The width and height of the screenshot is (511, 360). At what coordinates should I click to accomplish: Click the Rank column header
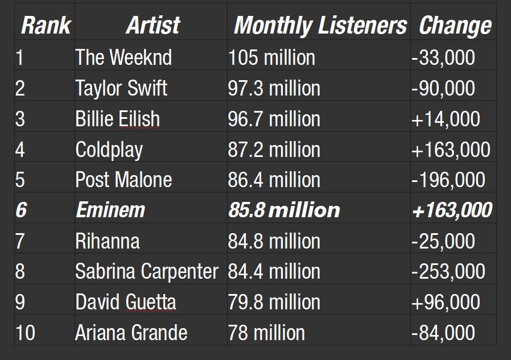(46, 26)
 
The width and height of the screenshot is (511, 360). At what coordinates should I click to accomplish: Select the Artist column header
(153, 26)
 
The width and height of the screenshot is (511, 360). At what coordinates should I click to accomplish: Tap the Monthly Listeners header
(320, 26)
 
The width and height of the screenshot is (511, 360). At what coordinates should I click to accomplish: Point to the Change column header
(455, 26)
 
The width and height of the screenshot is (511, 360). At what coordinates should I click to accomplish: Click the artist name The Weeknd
(123, 57)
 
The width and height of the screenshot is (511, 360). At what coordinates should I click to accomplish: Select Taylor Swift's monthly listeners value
(274, 88)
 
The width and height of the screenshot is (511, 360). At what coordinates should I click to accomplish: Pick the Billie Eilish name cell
(118, 119)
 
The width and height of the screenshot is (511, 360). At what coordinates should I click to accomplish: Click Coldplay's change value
(450, 150)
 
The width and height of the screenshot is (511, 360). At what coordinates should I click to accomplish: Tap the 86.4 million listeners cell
(274, 180)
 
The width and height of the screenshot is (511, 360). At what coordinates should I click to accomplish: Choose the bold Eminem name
(110, 210)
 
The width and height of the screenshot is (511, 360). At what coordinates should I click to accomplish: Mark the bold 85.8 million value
(284, 210)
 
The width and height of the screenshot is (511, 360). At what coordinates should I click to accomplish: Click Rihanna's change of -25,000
(443, 241)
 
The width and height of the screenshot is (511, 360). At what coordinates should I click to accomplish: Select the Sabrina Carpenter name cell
(147, 272)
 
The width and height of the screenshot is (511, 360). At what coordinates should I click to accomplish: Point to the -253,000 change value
(448, 272)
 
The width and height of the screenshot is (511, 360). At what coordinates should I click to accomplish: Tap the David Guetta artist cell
(126, 302)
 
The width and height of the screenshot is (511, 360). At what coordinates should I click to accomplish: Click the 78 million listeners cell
(266, 333)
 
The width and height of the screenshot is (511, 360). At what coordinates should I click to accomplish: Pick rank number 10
(25, 333)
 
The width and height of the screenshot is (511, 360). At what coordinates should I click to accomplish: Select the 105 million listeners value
(271, 57)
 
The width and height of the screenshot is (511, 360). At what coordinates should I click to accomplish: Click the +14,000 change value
(446, 119)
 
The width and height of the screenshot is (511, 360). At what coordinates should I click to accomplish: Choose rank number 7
(20, 241)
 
